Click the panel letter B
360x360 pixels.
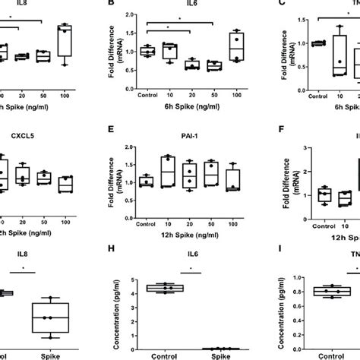coord(113,5)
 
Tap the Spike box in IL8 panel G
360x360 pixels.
coord(49,317)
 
